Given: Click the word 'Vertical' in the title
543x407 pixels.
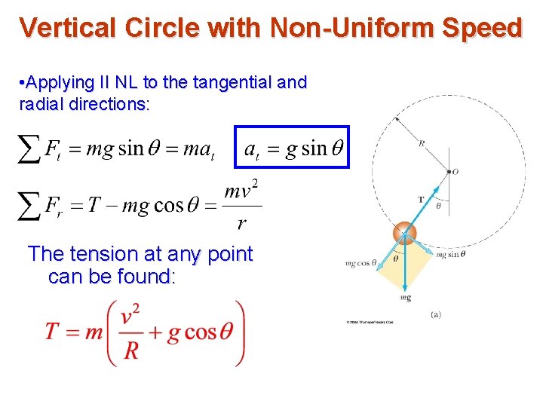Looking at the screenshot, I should point(66,28).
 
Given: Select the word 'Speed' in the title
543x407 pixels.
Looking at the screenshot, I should point(482,28).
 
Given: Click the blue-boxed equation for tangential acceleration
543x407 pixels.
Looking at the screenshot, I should point(293,147).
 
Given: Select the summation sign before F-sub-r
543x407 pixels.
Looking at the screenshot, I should point(29,205).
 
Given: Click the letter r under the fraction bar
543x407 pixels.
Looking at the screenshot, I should point(241,224).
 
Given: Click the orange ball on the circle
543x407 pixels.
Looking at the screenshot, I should point(406,232).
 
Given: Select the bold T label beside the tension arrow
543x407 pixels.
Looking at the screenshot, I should point(421,200).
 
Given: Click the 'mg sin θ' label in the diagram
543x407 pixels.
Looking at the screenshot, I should point(451,255).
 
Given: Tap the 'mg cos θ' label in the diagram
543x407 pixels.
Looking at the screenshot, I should point(360,263).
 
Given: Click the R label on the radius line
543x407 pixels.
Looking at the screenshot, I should point(421,142).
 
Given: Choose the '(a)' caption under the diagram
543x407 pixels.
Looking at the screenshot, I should point(435,314).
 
